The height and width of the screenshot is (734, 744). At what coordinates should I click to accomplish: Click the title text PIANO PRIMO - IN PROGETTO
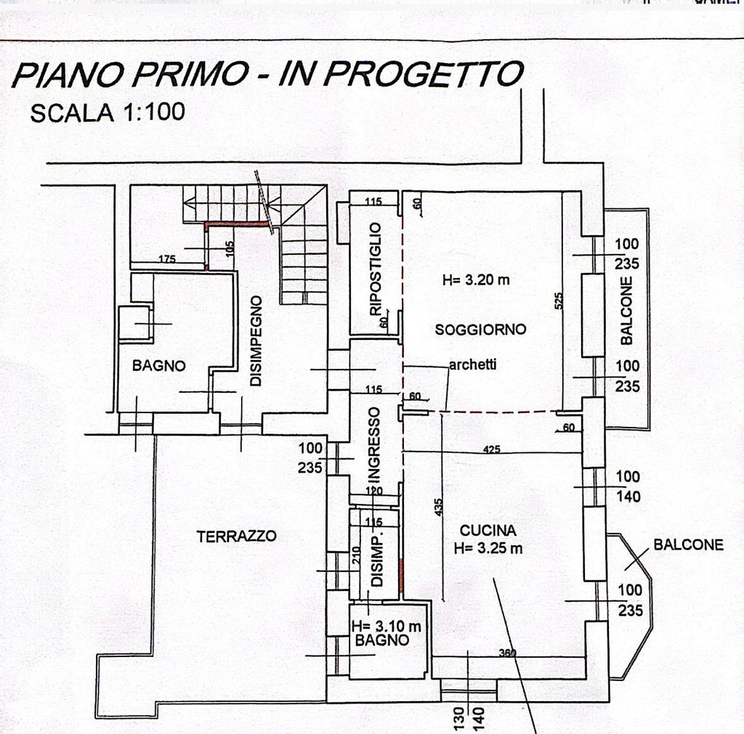pos(267,75)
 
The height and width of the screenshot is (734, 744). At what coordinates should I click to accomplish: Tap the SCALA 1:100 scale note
pos(108,113)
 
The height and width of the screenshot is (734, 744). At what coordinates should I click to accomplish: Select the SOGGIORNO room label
pos(480,330)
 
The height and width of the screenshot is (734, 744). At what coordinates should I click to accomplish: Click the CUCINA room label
pos(488,530)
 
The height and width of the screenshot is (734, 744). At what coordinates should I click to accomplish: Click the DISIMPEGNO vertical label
pos(255,339)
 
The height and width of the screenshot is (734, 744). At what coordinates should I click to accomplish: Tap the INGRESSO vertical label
pos(374,444)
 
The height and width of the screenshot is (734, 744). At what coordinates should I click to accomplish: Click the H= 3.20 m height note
pos(476,280)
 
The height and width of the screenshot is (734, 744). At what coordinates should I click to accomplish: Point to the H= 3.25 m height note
pos(488,548)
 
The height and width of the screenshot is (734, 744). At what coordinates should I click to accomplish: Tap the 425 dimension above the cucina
pos(493,450)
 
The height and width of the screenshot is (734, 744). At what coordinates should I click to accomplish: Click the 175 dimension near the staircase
pos(169,259)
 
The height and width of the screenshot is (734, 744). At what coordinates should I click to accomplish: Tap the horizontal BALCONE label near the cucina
pos(688,545)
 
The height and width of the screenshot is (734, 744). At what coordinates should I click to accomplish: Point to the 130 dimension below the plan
pos(459,719)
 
